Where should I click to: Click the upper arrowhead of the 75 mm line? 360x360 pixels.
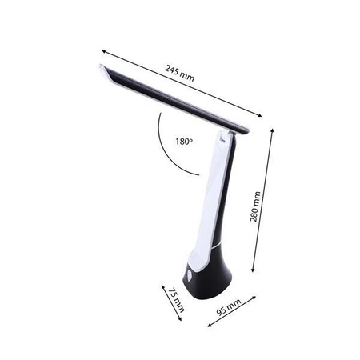click(163, 283)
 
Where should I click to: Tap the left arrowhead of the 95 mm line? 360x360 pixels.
click(207, 325)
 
